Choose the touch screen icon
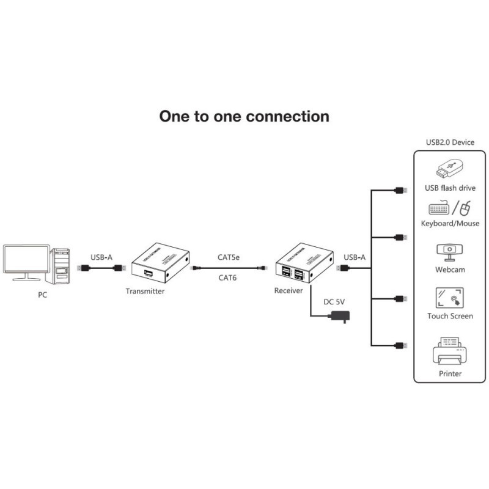pyautogui.click(x=450, y=298)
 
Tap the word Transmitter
pyautogui.click(x=145, y=292)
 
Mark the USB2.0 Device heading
pyautogui.click(x=450, y=142)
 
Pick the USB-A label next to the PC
pyautogui.click(x=101, y=257)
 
